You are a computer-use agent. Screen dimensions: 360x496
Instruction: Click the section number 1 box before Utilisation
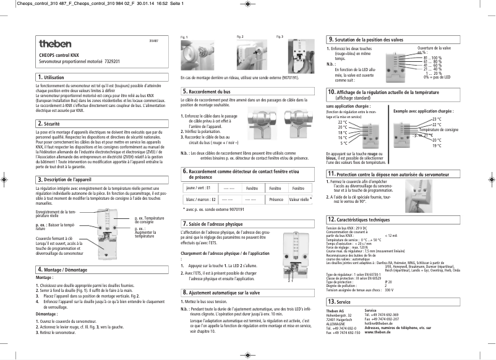pos(39,77)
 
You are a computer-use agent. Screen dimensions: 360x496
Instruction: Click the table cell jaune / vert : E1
pos(199,187)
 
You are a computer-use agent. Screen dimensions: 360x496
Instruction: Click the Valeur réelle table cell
pos(299,200)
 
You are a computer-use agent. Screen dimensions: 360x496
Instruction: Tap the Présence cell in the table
pos(276,200)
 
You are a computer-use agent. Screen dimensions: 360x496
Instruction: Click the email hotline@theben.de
pos(378,323)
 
